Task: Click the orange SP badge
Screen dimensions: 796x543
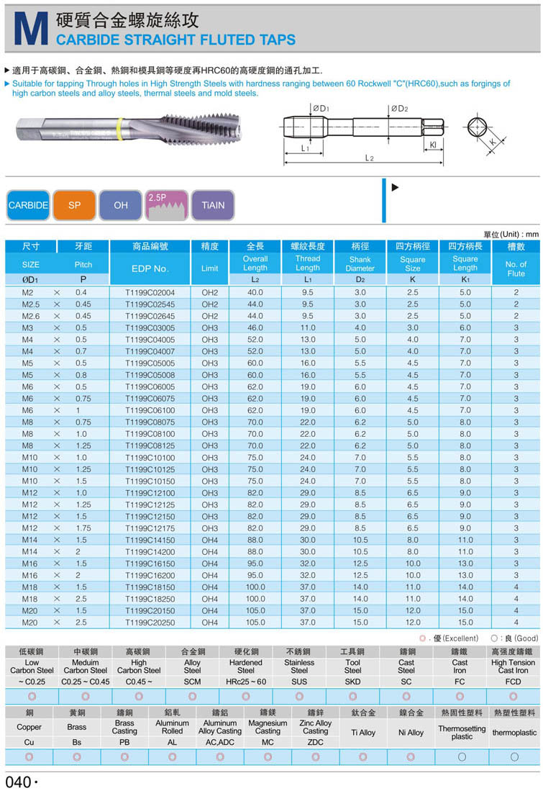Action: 75,205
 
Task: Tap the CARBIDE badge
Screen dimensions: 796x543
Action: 28,205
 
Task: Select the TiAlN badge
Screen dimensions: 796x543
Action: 213,205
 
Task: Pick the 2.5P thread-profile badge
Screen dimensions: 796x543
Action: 167,205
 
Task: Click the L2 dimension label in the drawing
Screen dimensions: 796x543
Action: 368,158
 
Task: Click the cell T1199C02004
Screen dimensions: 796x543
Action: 150,293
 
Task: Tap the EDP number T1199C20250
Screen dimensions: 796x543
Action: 150,623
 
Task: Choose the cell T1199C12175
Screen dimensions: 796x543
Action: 150,528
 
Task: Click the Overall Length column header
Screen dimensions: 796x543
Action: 255,263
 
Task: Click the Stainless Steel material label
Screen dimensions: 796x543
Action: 299,666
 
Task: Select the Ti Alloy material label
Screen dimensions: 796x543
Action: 362,733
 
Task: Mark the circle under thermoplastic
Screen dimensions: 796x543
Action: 514,757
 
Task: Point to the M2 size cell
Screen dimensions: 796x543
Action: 28,293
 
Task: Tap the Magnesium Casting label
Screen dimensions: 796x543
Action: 268,728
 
